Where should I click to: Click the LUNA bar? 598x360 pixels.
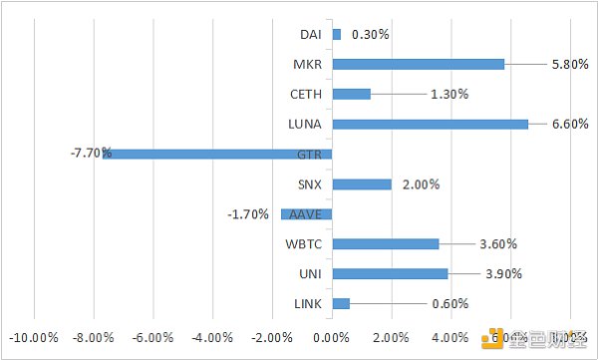(430, 124)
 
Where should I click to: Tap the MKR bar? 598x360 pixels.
(418, 64)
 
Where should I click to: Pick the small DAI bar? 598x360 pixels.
(336, 34)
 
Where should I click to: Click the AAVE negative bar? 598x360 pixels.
(306, 213)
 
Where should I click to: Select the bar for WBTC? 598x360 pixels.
(385, 243)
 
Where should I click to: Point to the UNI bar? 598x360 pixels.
(390, 273)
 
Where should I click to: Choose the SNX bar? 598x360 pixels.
(361, 183)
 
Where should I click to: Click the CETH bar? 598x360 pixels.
(351, 94)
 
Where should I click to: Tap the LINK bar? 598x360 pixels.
(341, 303)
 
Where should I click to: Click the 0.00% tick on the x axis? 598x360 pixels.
(331, 337)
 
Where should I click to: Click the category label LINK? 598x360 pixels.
(306, 304)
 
